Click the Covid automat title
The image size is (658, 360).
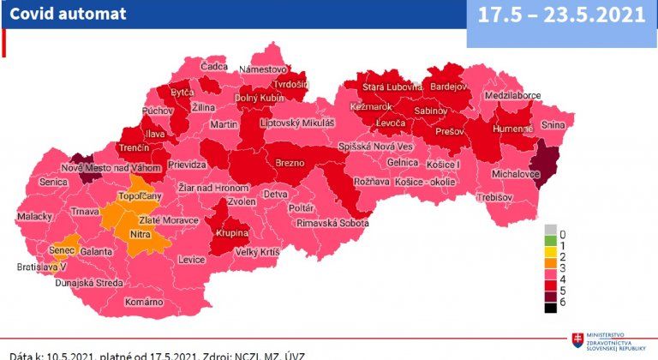coord(68,14)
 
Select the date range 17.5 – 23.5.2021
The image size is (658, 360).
coord(562,15)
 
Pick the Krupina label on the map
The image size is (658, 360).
coord(230,233)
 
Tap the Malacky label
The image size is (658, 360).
coord(35,216)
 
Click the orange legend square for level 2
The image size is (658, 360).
coord(550,258)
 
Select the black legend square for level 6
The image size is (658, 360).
coord(550,307)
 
